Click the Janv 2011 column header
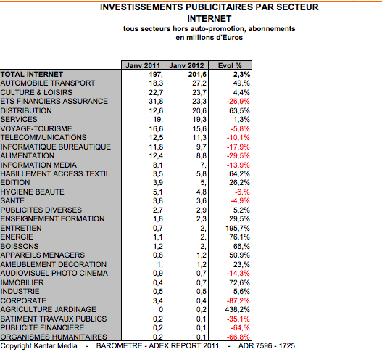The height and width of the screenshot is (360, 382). pyautogui.click(x=143, y=65)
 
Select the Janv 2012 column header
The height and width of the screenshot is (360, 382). pyautogui.click(x=186, y=65)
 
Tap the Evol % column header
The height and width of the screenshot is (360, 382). pyautogui.click(x=230, y=65)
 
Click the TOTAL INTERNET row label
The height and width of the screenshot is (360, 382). pyautogui.click(x=32, y=74)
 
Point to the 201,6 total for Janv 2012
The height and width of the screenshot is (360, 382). pyautogui.click(x=197, y=74)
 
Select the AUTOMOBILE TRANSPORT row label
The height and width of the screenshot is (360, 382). pyautogui.click(x=48, y=83)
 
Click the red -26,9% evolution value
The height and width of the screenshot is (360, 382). pyautogui.click(x=238, y=101)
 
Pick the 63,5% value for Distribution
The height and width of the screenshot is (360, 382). pyautogui.click(x=239, y=111)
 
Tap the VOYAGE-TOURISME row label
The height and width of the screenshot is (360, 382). pyautogui.click(x=36, y=128)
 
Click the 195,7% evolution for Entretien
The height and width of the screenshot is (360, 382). pyautogui.click(x=238, y=229)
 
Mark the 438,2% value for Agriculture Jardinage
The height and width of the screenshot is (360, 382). pyautogui.click(x=238, y=309)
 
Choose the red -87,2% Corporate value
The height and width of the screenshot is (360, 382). pyautogui.click(x=238, y=300)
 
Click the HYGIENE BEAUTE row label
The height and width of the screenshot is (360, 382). pyautogui.click(x=33, y=192)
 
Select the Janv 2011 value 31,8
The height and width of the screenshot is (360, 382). pyautogui.click(x=156, y=101)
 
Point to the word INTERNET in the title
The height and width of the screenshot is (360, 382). pyautogui.click(x=209, y=19)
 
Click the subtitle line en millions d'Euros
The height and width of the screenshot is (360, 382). pyautogui.click(x=209, y=38)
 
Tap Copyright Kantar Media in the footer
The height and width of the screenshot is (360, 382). pyautogui.click(x=38, y=346)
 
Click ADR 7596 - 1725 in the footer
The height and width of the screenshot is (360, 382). pyautogui.click(x=267, y=346)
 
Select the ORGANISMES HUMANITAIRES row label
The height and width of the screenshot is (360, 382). pyautogui.click(x=54, y=337)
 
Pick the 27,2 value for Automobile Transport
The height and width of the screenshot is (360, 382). pyautogui.click(x=199, y=83)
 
